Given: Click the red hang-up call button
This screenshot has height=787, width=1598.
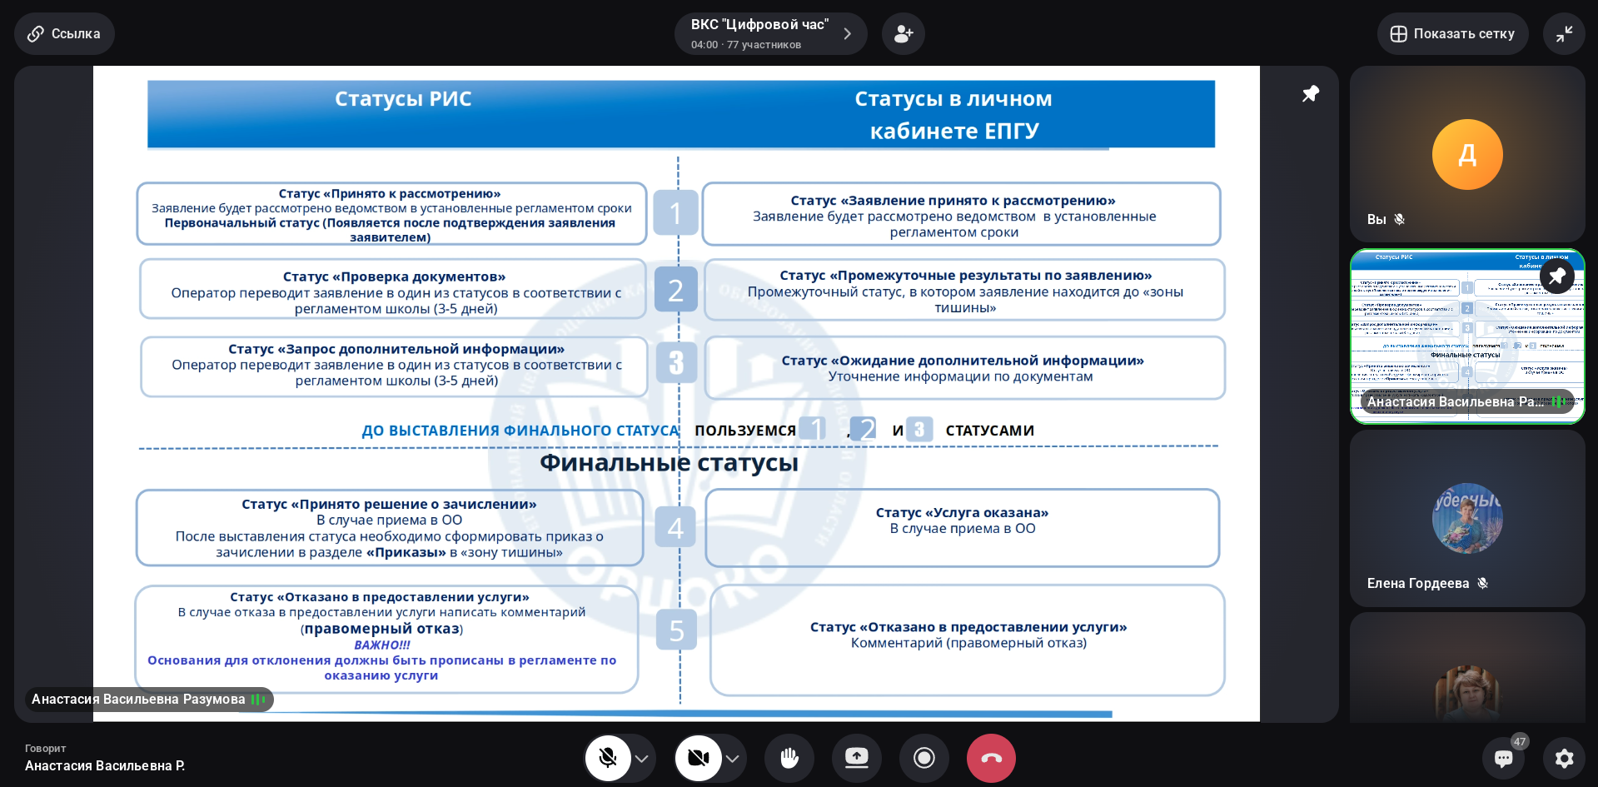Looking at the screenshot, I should point(991,758).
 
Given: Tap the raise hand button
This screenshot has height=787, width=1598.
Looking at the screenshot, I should point(789,758).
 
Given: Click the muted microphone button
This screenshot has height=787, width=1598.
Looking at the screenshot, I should point(608,758).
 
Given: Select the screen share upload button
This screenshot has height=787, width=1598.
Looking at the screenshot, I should point(857,758).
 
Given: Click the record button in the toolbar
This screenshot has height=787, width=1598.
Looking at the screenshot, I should point(923,758).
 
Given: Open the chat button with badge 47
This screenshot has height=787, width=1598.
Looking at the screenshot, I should point(1504,758).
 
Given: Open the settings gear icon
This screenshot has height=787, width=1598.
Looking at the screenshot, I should point(1564,758).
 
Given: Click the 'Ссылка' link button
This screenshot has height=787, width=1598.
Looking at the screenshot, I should point(64,34).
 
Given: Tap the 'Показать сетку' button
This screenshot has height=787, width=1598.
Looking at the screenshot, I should point(1452,34).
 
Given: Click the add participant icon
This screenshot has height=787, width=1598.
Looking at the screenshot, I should point(904,34).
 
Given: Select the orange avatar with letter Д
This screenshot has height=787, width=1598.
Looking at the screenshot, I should point(1467,155).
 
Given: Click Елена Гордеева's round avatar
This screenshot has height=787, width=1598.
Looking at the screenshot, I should point(1467,518).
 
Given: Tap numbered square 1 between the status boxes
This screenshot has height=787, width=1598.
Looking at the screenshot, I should point(675,213).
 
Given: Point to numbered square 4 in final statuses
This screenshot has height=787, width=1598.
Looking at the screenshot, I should point(675,527).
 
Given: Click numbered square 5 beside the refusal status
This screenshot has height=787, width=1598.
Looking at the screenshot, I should point(676,630).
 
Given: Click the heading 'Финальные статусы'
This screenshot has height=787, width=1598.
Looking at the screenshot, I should point(669,463).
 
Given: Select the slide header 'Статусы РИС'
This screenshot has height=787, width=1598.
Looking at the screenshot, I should point(403,99).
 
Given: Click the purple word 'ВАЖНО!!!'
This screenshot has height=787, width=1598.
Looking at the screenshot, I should point(381,645).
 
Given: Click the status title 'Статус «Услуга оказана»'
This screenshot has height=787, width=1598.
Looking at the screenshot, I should point(962,513).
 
